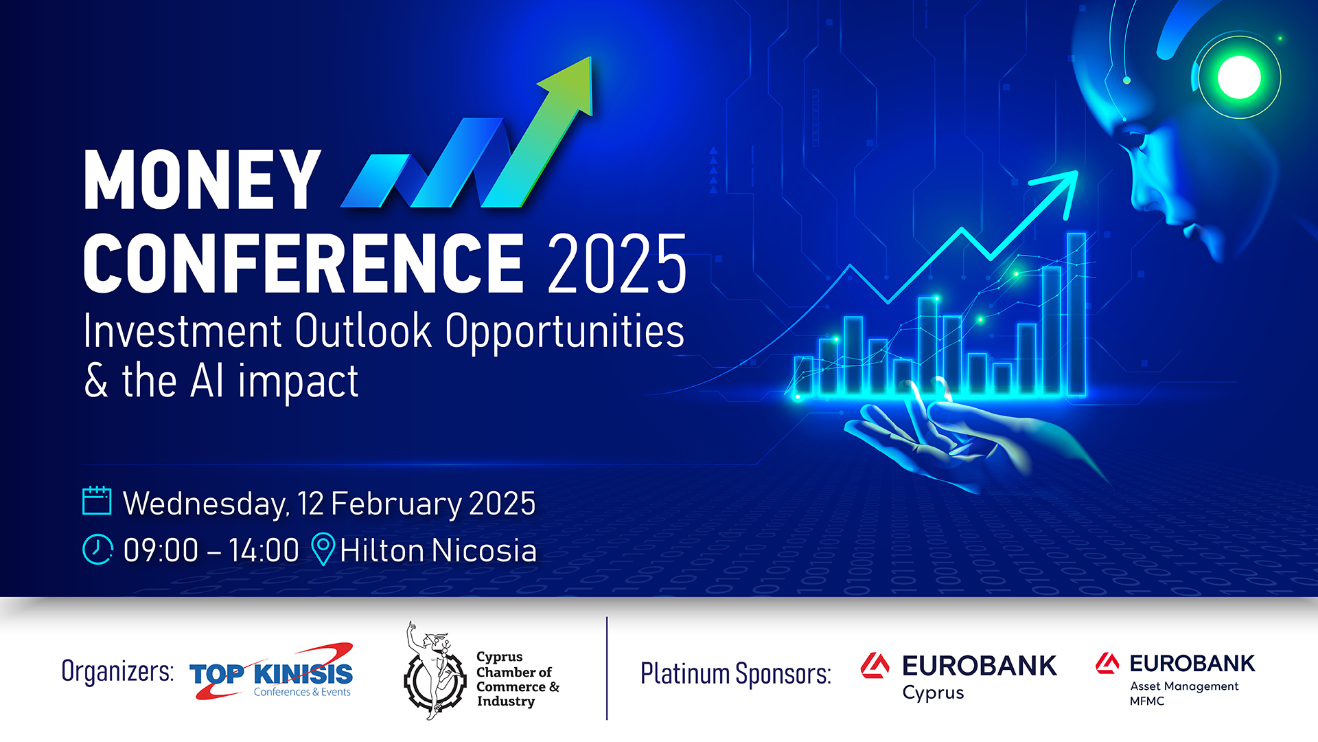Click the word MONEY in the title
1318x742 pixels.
tap(202, 180)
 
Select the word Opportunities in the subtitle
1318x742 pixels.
tap(564, 331)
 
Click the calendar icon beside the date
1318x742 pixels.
tap(97, 501)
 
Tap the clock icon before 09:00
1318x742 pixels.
tap(97, 550)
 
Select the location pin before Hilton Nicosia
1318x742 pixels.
tap(323, 549)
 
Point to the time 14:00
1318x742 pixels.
tap(264, 550)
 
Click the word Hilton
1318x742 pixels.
tap(382, 550)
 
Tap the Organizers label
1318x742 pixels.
tap(117, 671)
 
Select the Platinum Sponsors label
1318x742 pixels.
tap(735, 673)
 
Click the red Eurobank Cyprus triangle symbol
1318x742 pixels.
tap(875, 666)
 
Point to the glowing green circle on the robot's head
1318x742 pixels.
tap(1239, 77)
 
